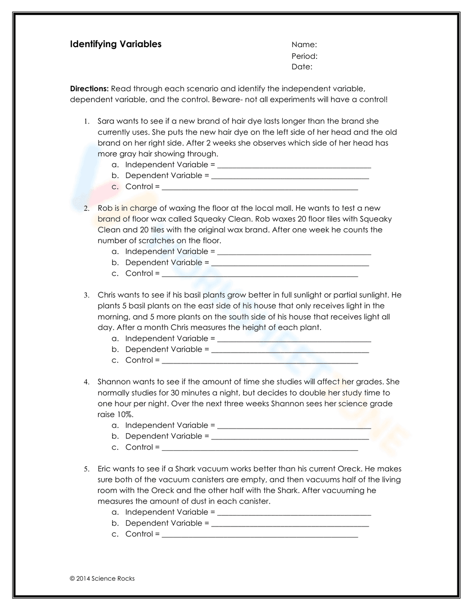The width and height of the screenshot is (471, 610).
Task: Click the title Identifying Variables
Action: [x=115, y=44]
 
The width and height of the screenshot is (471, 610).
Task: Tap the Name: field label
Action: [x=304, y=45]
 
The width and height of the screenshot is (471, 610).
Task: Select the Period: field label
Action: [x=304, y=56]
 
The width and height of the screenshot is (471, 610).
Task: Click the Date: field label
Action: [x=301, y=67]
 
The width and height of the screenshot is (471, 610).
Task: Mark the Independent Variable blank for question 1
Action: [x=294, y=165]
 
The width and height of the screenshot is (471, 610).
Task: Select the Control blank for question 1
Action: [x=260, y=187]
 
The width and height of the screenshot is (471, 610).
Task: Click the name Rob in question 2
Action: [x=105, y=208]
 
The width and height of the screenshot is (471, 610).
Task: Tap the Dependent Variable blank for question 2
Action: [x=290, y=263]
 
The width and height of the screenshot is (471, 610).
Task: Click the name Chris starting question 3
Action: [x=107, y=295]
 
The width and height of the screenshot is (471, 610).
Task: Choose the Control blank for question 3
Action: [x=260, y=361]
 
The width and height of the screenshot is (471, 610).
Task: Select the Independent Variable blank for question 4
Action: [x=294, y=426]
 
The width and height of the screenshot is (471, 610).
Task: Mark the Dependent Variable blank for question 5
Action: [x=290, y=524]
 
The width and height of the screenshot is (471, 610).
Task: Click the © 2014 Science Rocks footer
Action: [x=102, y=578]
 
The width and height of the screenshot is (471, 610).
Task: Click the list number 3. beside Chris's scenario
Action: [x=87, y=296]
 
